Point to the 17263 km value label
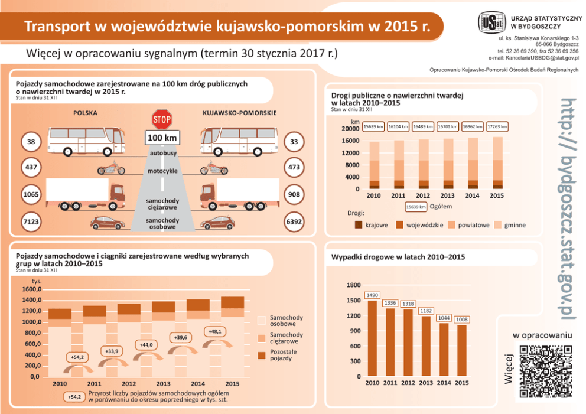pos(497,126)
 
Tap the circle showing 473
pos(294,168)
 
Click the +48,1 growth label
pos(215,332)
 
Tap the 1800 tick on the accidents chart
pos(354,286)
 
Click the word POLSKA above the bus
pos(86,112)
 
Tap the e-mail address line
pos(533,58)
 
